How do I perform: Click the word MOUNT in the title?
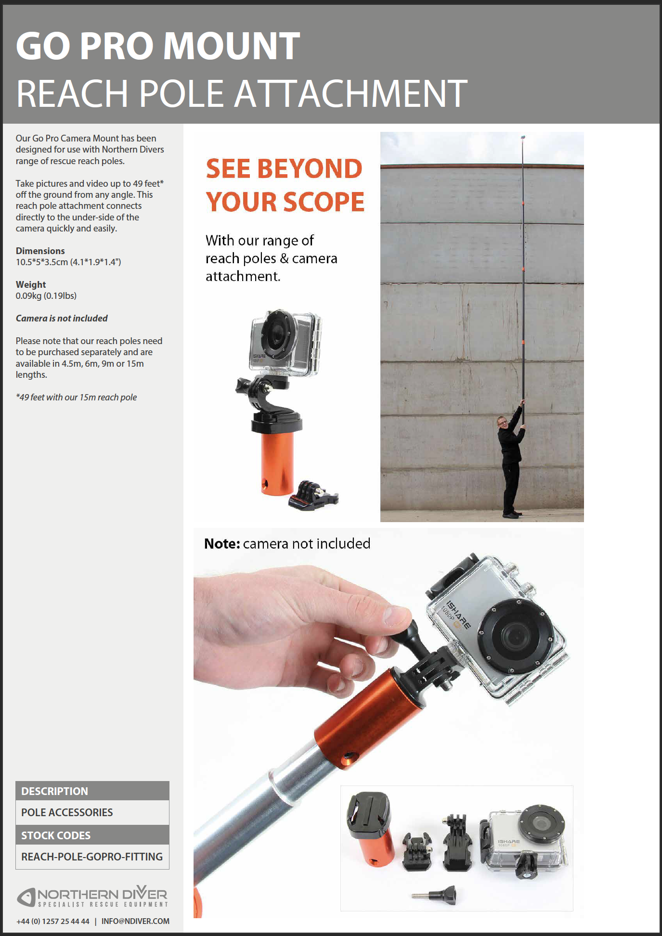pyautogui.click(x=232, y=46)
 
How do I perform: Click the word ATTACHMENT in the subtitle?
pyautogui.click(x=350, y=93)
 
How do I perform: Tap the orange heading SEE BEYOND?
pyautogui.click(x=284, y=169)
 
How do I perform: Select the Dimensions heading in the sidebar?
pyautogui.click(x=40, y=251)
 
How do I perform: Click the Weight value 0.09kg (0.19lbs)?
pyautogui.click(x=46, y=295)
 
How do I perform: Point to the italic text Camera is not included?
pyautogui.click(x=62, y=318)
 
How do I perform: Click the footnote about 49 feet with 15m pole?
pyautogui.click(x=76, y=397)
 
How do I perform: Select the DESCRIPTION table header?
pyautogui.click(x=55, y=791)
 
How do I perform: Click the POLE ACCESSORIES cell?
pyautogui.click(x=67, y=812)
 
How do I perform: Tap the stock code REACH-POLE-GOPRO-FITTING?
pyautogui.click(x=92, y=857)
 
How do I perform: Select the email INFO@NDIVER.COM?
pyautogui.click(x=135, y=921)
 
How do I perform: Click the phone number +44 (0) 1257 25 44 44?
pyautogui.click(x=53, y=921)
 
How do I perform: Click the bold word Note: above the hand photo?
pyautogui.click(x=222, y=544)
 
